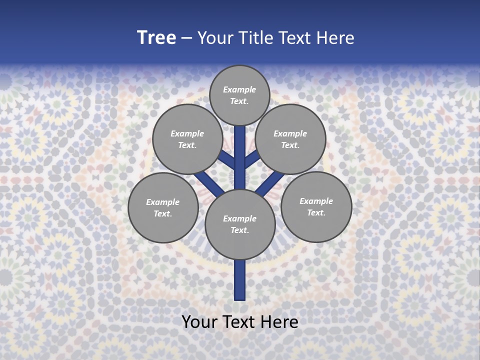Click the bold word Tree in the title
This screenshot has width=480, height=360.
156,38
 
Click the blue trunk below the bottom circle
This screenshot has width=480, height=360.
240,280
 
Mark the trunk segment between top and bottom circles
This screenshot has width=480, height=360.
240,157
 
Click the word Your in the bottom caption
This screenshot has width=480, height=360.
199,322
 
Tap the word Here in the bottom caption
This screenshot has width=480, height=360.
279,322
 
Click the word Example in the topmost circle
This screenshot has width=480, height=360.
239,89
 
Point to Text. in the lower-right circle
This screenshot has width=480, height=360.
316,212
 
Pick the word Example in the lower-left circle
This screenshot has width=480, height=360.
162,202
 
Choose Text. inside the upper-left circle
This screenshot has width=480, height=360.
187,145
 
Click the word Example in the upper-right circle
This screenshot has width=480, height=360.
290,133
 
